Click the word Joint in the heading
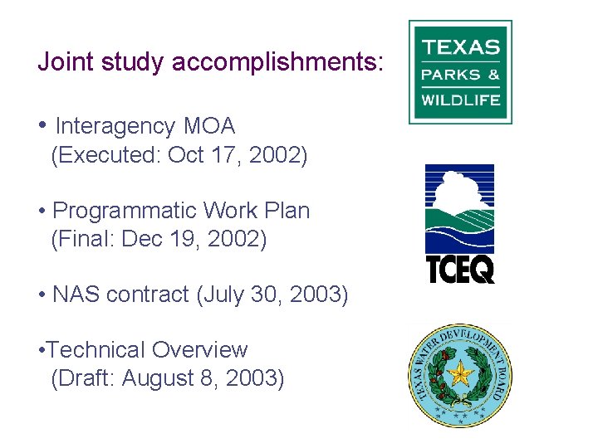click(x=66, y=61)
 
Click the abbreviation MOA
click(x=209, y=126)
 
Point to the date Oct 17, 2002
click(x=237, y=155)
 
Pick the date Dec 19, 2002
click(x=194, y=240)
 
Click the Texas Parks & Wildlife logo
click(x=460, y=72)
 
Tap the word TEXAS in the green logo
click(x=461, y=46)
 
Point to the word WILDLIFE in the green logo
click(x=461, y=100)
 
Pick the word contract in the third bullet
click(x=151, y=295)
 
